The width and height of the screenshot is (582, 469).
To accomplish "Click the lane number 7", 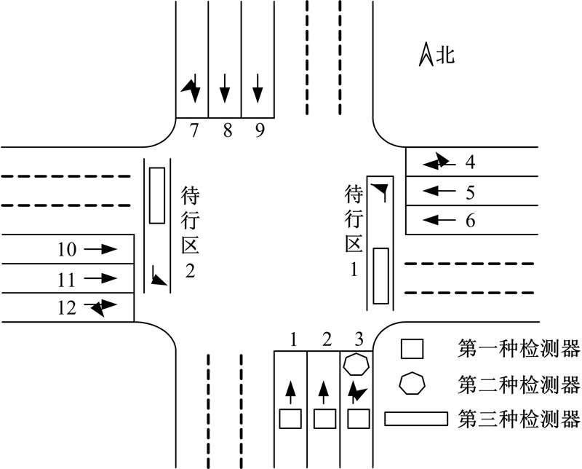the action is (194, 130).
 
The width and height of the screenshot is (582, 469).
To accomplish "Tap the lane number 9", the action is (260, 130).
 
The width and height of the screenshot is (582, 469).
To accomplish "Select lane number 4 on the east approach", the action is (470, 162).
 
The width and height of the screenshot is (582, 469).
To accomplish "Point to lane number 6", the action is (470, 221).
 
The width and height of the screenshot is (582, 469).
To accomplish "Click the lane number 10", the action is (67, 249).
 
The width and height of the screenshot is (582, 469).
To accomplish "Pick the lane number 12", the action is (67, 308).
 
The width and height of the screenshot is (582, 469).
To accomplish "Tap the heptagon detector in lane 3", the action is (356, 365).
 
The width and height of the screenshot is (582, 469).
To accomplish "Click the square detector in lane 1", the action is (290, 419).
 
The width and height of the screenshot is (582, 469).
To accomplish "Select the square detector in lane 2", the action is (324, 419).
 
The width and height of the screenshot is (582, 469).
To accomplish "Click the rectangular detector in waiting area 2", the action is (157, 195).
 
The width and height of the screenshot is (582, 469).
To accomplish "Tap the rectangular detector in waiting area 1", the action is (380, 276).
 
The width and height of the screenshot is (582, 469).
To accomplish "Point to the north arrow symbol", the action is (426, 55).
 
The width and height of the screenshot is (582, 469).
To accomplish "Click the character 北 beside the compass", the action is (445, 55).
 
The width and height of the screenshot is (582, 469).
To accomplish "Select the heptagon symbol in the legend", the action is (412, 383).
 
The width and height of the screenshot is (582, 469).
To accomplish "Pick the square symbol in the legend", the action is (412, 349).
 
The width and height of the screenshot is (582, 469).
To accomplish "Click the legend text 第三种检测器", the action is (519, 419).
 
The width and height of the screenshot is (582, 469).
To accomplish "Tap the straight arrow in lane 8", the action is (225, 88).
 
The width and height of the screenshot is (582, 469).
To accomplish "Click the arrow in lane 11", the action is (100, 278).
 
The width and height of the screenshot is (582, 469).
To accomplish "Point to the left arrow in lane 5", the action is (439, 191).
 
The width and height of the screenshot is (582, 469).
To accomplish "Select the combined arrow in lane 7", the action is (191, 88).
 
